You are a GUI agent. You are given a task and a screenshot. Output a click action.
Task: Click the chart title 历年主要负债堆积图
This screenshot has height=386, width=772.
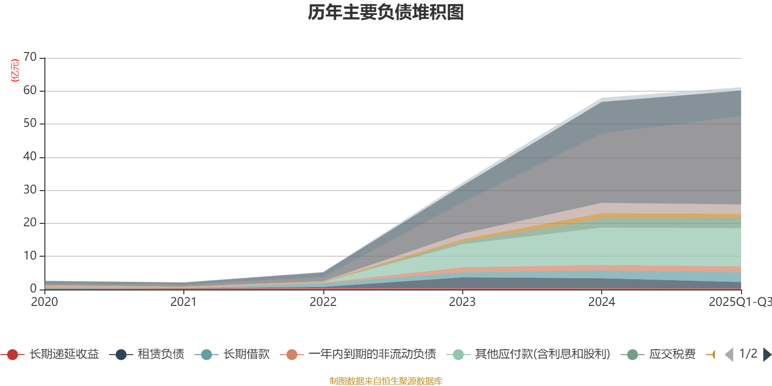[x=386, y=13]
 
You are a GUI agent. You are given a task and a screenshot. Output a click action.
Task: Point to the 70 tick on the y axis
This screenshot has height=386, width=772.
[x=30, y=57]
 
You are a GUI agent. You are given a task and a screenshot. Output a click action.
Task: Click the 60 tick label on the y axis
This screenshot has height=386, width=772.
[x=30, y=90]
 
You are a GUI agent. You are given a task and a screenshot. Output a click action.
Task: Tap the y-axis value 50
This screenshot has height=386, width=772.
[x=30, y=123]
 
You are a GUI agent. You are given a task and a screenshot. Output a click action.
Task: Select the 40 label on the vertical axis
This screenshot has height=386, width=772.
[x=30, y=156]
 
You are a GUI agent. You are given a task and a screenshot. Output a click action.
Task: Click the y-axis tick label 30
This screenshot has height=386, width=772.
[x=30, y=190]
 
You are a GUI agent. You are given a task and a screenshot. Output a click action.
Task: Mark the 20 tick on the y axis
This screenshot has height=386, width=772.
[x=30, y=222]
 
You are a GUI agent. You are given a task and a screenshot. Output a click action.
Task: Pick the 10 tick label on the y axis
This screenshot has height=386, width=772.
[x=30, y=256]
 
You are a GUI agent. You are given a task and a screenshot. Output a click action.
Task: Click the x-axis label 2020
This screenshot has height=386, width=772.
[x=44, y=302]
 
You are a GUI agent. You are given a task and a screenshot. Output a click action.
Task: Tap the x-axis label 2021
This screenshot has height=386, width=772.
[x=184, y=302]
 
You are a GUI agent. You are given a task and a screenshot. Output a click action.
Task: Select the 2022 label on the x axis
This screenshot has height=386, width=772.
[x=323, y=302]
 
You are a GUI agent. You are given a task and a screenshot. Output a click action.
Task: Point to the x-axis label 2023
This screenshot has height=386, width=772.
[x=462, y=302]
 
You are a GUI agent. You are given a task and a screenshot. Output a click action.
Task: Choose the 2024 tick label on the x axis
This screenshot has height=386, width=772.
[x=601, y=302]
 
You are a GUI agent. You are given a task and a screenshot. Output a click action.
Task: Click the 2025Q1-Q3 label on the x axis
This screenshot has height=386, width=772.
[x=739, y=302]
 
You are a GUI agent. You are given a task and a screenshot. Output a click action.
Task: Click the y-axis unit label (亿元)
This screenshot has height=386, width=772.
[x=15, y=70]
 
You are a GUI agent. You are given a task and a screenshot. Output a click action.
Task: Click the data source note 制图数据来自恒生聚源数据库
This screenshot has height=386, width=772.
[x=386, y=381]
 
